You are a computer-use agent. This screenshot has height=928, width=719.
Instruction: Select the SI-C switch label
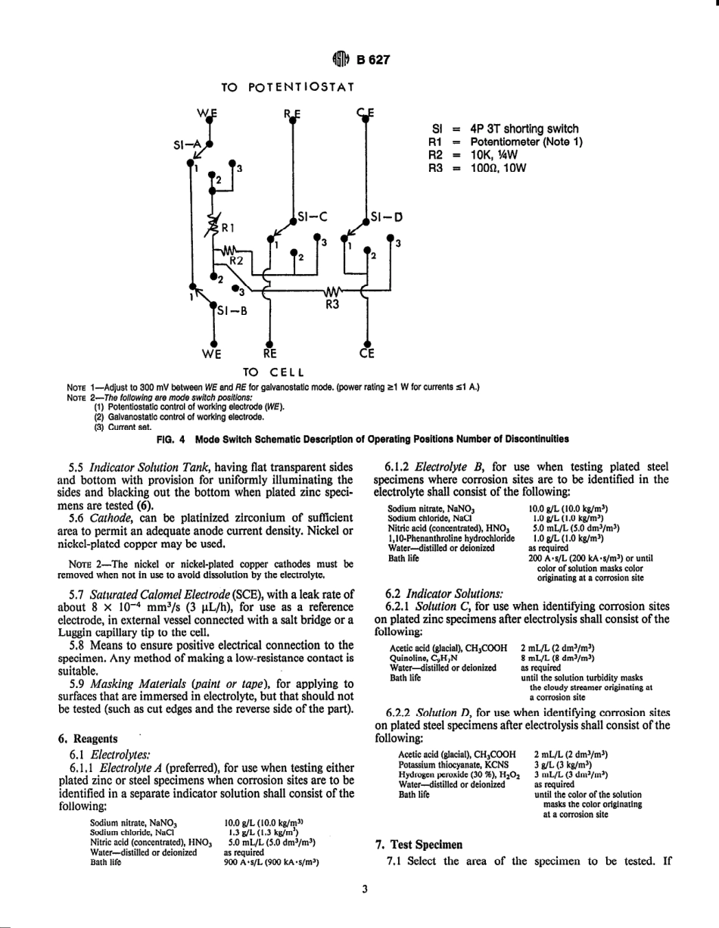pos(313,216)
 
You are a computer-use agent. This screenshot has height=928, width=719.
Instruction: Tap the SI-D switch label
pos(387,216)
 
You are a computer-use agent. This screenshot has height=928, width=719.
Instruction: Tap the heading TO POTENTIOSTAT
pos(288,87)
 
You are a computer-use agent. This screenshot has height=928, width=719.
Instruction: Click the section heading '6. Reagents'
pos(88,738)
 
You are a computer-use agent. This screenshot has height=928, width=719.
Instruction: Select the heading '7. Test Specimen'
pos(420,844)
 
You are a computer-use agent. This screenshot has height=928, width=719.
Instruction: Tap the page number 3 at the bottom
pos(364,889)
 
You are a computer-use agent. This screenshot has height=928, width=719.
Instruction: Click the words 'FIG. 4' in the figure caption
pos(171,438)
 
